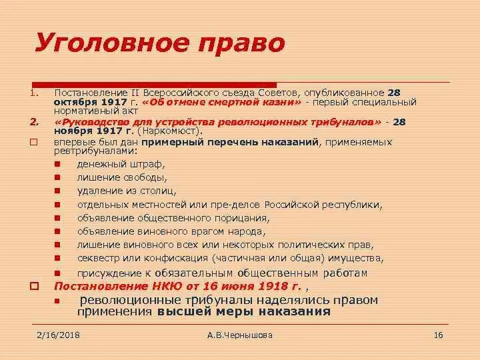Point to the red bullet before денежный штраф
click(x=58, y=163)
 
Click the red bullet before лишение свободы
click(x=58, y=177)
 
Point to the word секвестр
click(x=98, y=259)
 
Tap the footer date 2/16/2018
click(x=57, y=335)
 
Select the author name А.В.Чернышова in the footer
click(x=240, y=335)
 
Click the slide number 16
click(x=438, y=335)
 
